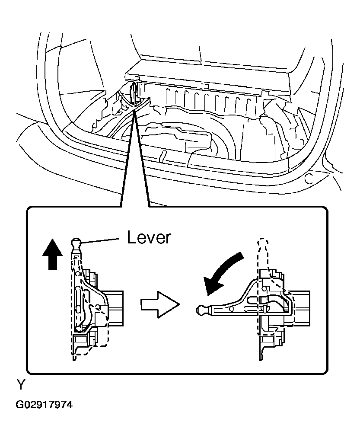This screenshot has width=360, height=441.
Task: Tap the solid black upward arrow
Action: coord(53,254)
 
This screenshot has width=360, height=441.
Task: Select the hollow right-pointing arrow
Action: coord(159,305)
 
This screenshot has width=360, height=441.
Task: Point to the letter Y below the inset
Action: coord(21,384)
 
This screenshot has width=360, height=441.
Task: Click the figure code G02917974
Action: coord(44,405)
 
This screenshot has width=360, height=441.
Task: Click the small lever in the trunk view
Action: coord(134,91)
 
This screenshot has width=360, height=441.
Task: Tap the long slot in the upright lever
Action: coord(77,299)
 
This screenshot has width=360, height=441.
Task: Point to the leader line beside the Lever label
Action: coord(100,240)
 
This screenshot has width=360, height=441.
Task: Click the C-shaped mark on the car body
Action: coord(309,179)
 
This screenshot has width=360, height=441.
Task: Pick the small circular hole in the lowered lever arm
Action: coord(232,309)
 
